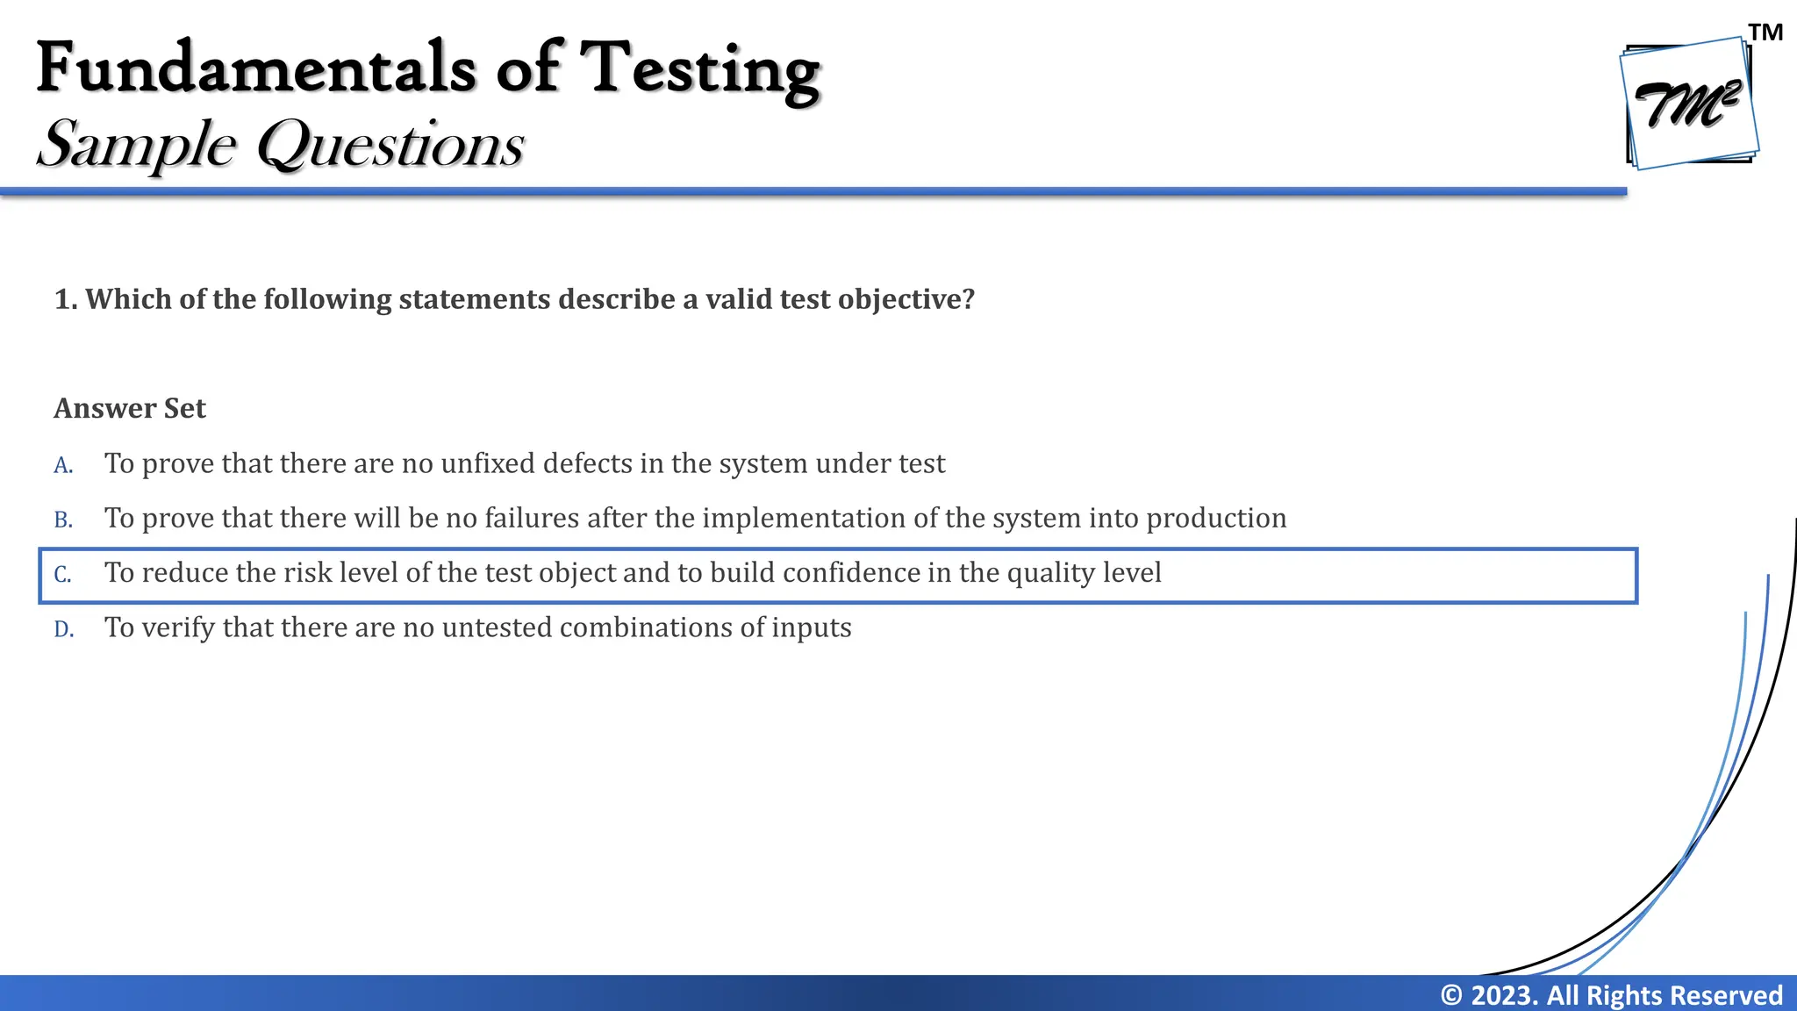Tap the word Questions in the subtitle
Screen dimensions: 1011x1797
click(x=390, y=146)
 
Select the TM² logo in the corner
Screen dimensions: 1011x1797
click(x=1690, y=104)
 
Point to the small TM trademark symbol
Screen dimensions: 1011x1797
click(x=1765, y=33)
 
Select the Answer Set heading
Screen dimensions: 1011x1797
click(x=130, y=409)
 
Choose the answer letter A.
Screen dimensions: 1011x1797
click(x=63, y=465)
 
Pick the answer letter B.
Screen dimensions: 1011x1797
click(x=63, y=520)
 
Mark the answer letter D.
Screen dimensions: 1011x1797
click(x=63, y=630)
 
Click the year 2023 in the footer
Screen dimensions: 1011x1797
click(x=1502, y=995)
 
